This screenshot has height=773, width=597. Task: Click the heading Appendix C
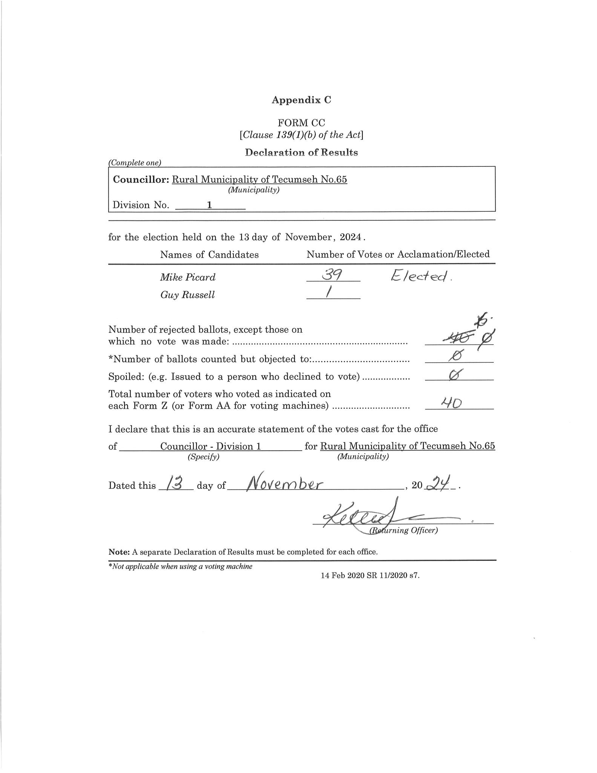[x=301, y=100]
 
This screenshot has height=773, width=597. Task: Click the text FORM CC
[x=301, y=123]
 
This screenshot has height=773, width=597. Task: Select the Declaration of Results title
[x=301, y=152]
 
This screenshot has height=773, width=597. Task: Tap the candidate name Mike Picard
[x=187, y=277]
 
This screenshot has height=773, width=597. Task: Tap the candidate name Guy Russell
[x=187, y=295]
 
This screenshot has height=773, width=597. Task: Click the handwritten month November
[x=284, y=484]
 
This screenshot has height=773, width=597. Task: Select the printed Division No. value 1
[x=209, y=205]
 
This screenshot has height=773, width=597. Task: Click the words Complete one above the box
[x=135, y=163]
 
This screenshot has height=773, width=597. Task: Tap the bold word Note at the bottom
[x=119, y=552]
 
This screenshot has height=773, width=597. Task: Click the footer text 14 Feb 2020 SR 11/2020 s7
[x=370, y=576]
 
